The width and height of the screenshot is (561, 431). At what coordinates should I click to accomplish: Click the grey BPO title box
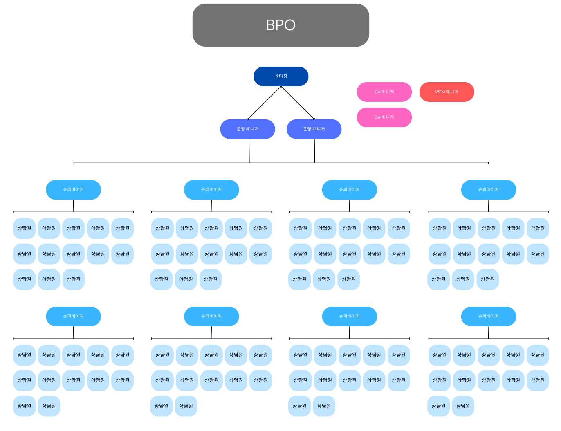tap(280, 25)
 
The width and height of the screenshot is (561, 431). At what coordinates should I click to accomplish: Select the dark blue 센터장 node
tap(281, 76)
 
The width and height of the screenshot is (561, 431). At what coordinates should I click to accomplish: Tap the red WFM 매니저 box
tap(447, 92)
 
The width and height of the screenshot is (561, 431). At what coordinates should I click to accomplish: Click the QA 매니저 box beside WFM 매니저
tap(384, 92)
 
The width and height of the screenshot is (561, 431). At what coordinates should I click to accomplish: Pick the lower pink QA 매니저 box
tap(384, 117)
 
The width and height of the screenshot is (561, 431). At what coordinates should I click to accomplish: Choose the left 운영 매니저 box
tap(247, 129)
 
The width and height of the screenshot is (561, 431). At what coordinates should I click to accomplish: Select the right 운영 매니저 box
tap(314, 129)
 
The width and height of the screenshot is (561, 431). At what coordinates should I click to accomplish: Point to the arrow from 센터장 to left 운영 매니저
tap(264, 103)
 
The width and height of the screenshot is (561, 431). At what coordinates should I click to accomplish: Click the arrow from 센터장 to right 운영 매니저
tap(298, 103)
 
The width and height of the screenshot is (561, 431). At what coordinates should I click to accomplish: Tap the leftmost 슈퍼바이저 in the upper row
tap(74, 190)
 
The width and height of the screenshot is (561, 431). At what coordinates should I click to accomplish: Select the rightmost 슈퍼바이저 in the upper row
tap(488, 190)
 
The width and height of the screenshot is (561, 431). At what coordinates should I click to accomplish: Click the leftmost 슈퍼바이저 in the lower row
tap(74, 317)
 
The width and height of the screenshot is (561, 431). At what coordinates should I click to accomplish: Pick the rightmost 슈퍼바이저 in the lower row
tap(488, 317)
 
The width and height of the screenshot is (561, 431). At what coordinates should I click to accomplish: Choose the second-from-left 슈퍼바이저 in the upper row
tap(211, 190)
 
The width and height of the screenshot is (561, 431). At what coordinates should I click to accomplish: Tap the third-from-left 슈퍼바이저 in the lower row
tap(349, 317)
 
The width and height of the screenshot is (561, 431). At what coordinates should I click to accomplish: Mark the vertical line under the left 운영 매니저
tap(249, 151)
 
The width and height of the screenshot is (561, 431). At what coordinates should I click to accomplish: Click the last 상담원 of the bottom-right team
tap(463, 406)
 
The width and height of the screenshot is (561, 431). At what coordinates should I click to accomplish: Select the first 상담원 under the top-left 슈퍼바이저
tap(25, 228)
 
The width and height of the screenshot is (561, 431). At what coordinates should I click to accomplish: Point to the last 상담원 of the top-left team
tap(74, 279)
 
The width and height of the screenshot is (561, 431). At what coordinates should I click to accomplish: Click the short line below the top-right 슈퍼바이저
tap(488, 206)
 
